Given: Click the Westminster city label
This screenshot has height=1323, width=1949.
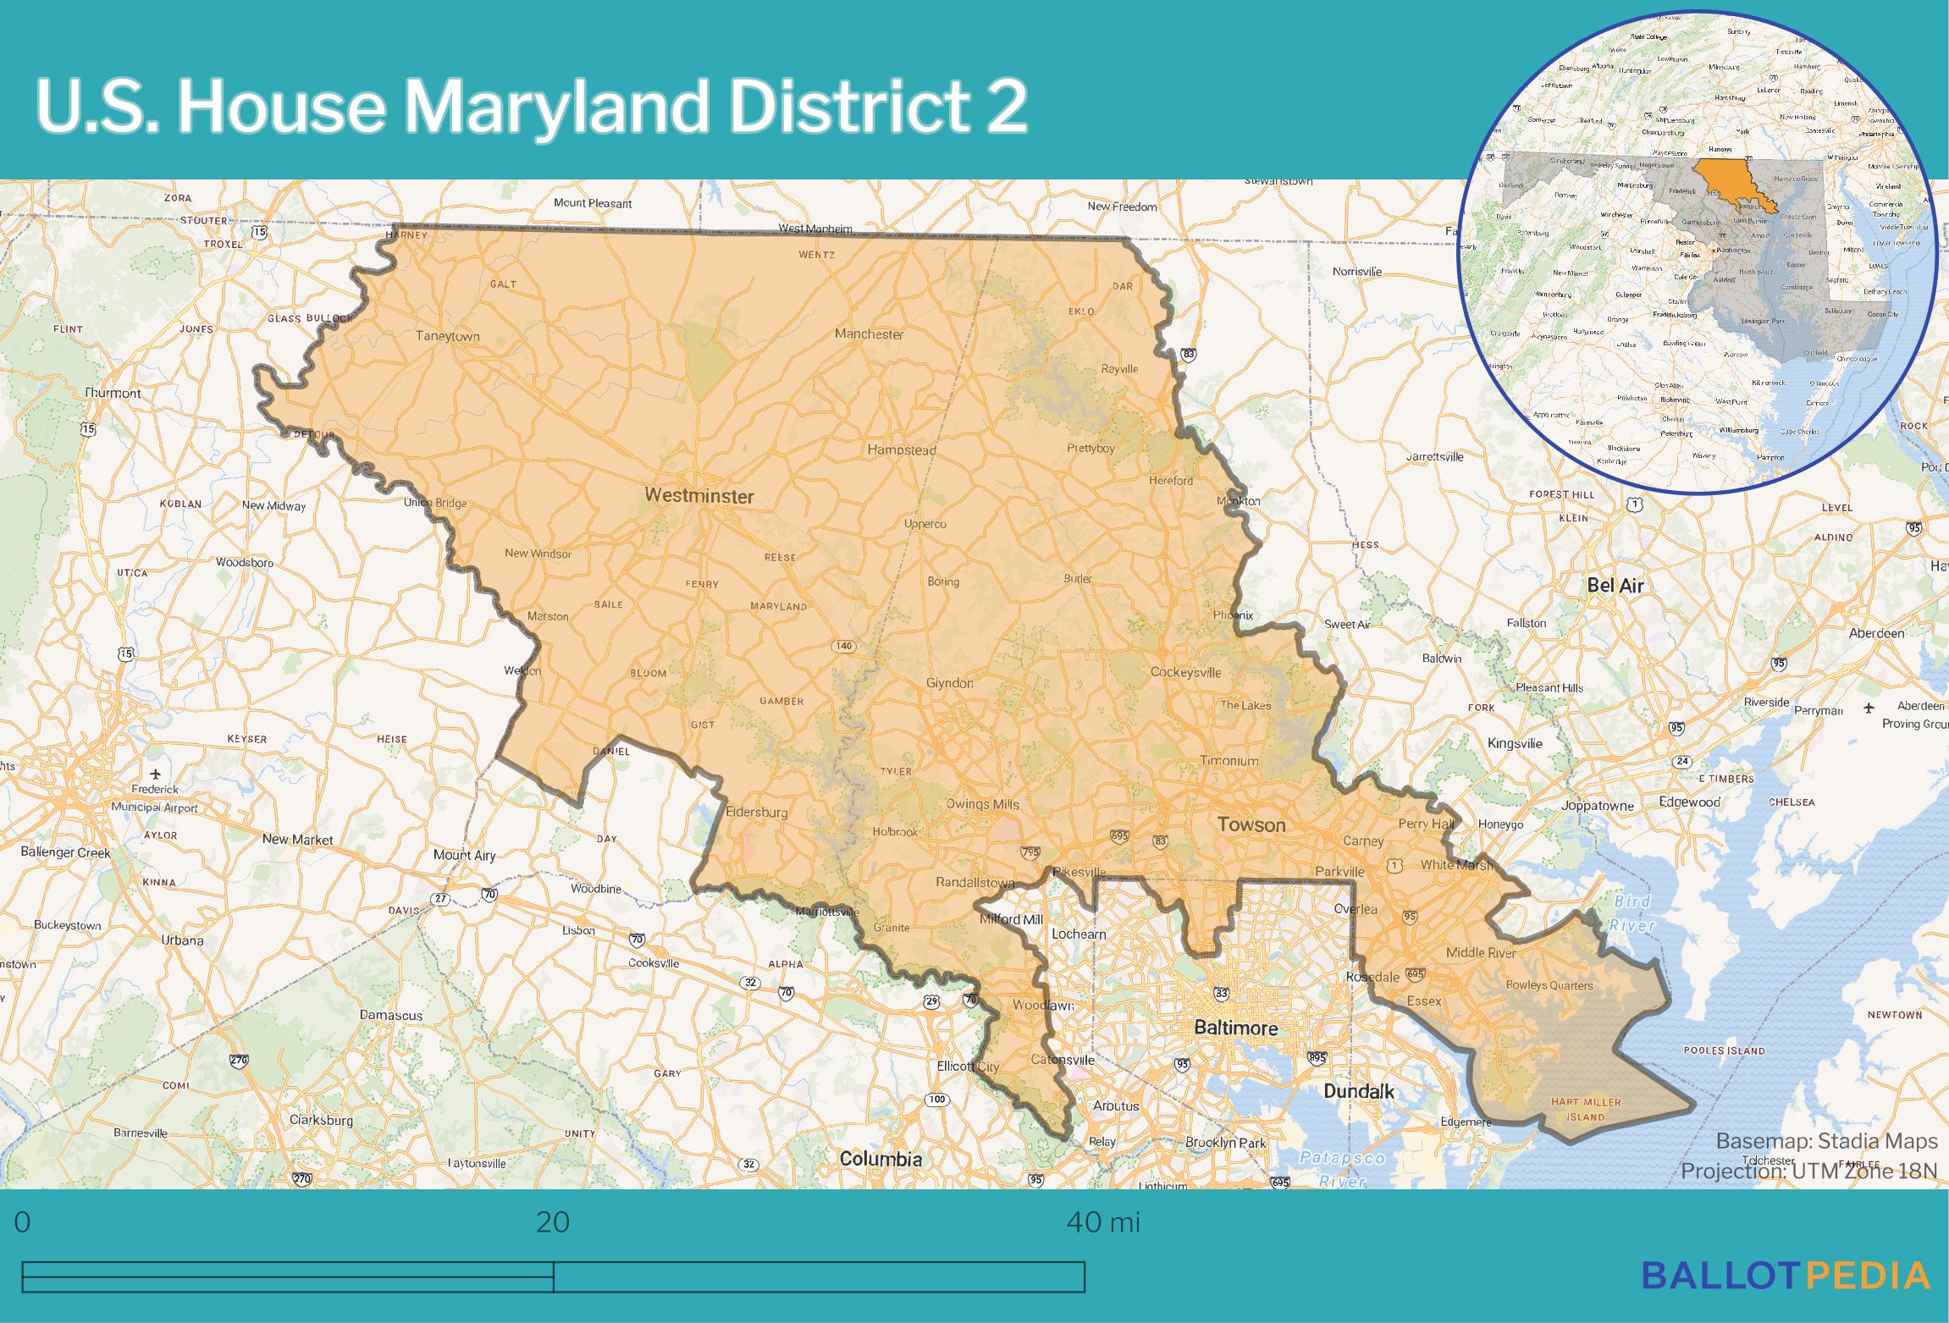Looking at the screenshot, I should point(698,496).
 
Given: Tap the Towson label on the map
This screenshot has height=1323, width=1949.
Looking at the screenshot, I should point(1251,824).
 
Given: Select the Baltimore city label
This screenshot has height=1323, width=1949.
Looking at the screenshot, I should point(1235,1028).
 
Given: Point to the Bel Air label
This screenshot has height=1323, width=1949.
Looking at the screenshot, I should point(1615,585).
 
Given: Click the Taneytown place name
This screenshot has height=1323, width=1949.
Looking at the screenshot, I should point(447,336).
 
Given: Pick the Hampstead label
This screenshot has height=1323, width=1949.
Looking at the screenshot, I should point(901,449).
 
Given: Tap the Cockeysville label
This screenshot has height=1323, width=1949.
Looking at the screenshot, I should point(1185,672).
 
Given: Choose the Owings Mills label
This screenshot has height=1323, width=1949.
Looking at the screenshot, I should point(982,804).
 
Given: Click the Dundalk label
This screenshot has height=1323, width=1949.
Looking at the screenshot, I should point(1358,1091).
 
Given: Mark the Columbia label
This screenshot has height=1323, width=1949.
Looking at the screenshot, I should point(881,1158).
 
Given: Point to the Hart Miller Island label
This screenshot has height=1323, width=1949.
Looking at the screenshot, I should point(1586,1109).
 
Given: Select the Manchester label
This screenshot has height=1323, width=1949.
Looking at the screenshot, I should point(869,334).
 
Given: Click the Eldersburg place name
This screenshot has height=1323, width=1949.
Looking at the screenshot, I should point(757,812).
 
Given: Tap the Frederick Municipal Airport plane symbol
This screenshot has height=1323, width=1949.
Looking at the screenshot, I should point(155,774).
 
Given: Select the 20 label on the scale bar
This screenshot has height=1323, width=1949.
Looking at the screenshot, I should point(553,1223).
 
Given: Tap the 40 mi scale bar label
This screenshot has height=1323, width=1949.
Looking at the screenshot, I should point(1103,1223).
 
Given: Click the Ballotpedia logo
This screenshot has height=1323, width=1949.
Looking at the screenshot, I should point(1786,1298).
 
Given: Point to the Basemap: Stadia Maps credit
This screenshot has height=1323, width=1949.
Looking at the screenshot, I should point(1826,1141).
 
